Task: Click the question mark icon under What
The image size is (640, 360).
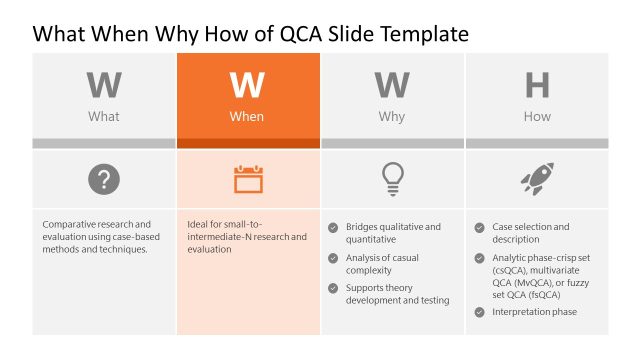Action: [104, 180]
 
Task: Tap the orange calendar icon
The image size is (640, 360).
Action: [248, 180]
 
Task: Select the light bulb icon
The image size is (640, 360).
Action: [392, 179]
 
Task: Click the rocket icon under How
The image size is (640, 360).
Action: [537, 180]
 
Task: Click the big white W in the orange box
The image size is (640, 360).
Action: [247, 86]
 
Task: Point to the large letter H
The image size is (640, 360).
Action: [537, 86]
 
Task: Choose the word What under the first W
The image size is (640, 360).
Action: [104, 117]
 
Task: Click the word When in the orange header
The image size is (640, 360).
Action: [247, 117]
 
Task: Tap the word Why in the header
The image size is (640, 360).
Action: [392, 117]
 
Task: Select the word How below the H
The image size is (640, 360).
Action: [537, 117]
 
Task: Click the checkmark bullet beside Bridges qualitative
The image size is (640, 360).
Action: [334, 227]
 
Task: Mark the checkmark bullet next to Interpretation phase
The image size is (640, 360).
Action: [480, 312]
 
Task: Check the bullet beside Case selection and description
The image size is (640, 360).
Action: [480, 227]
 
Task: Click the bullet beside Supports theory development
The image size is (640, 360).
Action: [334, 288]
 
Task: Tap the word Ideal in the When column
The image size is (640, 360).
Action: [198, 224]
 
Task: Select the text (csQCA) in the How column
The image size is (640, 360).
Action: [512, 269]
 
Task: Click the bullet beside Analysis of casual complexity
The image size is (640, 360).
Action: [334, 258]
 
